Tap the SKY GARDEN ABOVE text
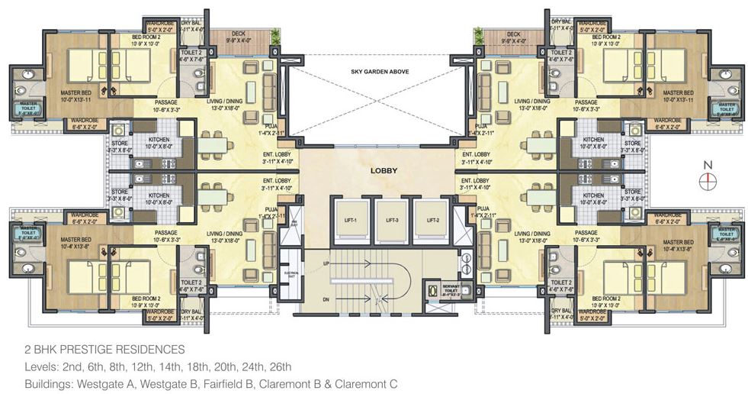[x=374, y=71]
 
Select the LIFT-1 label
[x=352, y=220]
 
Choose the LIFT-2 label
[x=432, y=220]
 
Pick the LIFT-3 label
[x=392, y=220]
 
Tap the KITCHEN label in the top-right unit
[x=592, y=140]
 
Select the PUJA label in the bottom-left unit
[x=269, y=208]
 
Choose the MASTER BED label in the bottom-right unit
[x=677, y=240]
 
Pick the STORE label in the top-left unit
[x=120, y=140]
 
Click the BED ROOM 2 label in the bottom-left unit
[x=146, y=298]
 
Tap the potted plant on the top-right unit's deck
[x=479, y=34]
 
